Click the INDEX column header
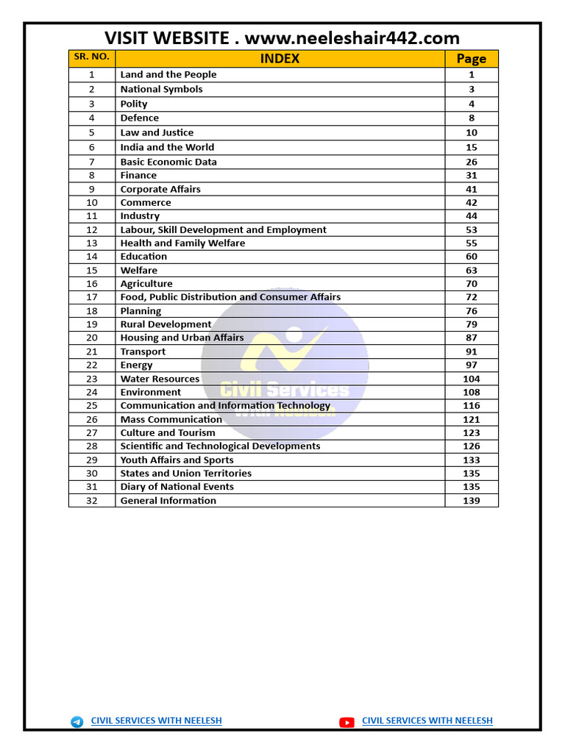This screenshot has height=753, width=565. pyautogui.click(x=280, y=59)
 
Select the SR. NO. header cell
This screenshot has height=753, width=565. pyautogui.click(x=91, y=57)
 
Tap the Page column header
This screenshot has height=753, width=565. pyautogui.click(x=471, y=59)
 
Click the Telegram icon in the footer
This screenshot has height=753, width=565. pyautogui.click(x=77, y=722)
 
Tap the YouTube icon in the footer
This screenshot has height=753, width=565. pyautogui.click(x=347, y=722)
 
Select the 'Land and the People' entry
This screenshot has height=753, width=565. pyautogui.click(x=168, y=74)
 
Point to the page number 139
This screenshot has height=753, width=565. pyautogui.click(x=471, y=501)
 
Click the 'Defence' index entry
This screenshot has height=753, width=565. pyautogui.click(x=140, y=118)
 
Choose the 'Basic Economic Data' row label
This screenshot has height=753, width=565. pyautogui.click(x=168, y=162)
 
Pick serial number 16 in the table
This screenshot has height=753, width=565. pyautogui.click(x=91, y=284)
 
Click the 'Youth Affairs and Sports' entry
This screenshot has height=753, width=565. pyautogui.click(x=177, y=460)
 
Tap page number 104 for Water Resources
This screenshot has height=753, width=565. pyautogui.click(x=471, y=379)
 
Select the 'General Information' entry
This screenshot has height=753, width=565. pyautogui.click(x=168, y=501)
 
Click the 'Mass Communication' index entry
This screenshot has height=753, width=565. pyautogui.click(x=171, y=419)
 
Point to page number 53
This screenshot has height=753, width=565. pyautogui.click(x=471, y=230)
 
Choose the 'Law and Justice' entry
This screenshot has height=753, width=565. pyautogui.click(x=157, y=132)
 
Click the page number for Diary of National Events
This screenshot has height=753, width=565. pyautogui.click(x=471, y=487)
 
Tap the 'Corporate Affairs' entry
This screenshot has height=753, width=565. pyautogui.click(x=160, y=189)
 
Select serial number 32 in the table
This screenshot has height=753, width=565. pyautogui.click(x=91, y=501)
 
